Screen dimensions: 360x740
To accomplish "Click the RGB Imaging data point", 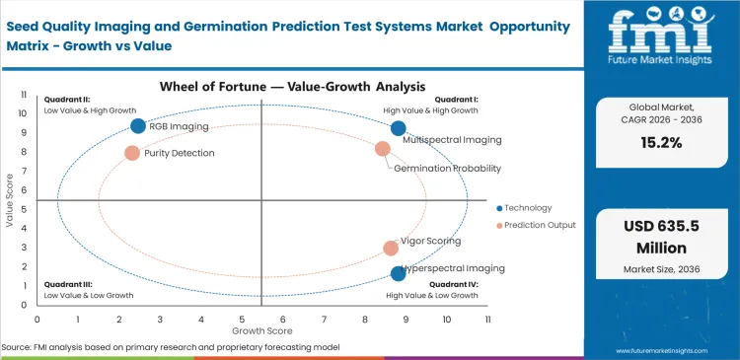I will point(138,125).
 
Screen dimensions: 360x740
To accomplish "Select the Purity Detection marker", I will point(132,153).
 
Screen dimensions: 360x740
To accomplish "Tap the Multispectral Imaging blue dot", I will point(398,128).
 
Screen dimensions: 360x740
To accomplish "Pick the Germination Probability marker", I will point(383,149).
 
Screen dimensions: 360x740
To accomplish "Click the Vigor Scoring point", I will point(391,249).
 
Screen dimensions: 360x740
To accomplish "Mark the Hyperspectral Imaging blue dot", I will point(398,273).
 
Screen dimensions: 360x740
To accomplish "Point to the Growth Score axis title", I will point(261,331).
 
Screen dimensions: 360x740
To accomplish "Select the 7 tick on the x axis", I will point(324,320).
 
